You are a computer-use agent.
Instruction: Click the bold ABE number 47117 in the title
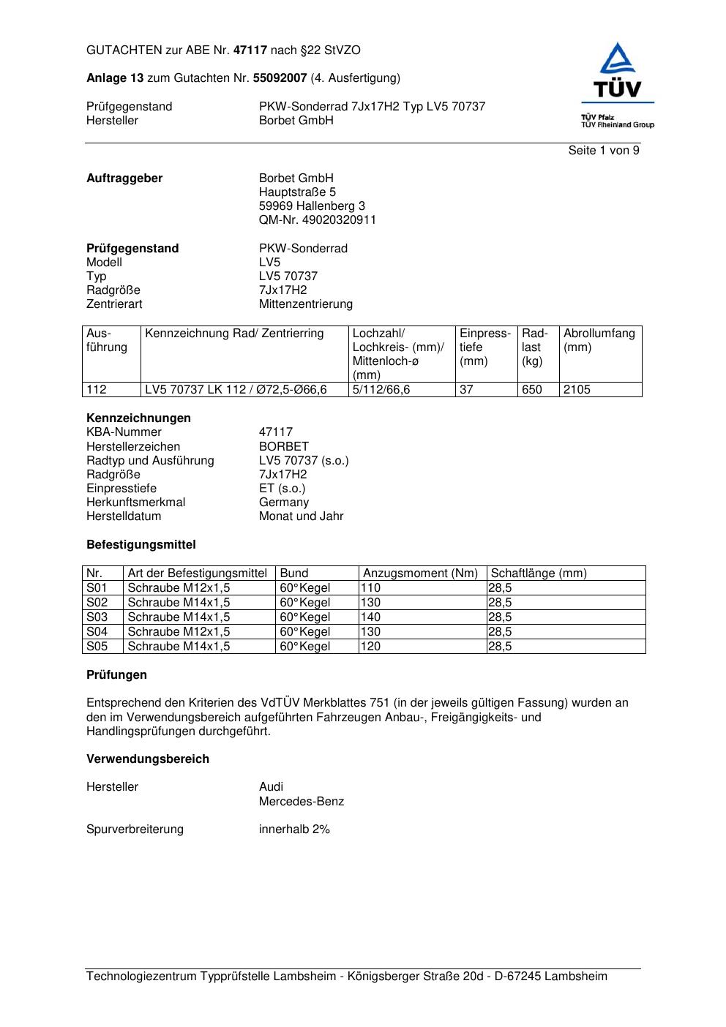click(x=250, y=50)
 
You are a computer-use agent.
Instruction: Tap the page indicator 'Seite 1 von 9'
click(x=604, y=151)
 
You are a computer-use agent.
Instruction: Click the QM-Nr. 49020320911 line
click(x=318, y=220)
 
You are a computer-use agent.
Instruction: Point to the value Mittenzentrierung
click(x=305, y=304)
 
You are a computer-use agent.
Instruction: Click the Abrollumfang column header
click(x=599, y=340)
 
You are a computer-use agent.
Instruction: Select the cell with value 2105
click(x=577, y=390)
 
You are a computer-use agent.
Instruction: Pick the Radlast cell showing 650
click(x=532, y=390)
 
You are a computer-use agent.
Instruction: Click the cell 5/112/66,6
click(x=381, y=390)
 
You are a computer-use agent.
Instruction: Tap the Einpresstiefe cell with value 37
click(x=466, y=390)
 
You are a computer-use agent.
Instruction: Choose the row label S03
click(x=97, y=617)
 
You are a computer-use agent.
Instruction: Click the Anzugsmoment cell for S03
click(x=372, y=617)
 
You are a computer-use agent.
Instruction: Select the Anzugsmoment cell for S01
click(x=372, y=588)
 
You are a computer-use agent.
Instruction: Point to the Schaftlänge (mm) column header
click(x=539, y=573)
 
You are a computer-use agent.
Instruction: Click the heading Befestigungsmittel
click(x=141, y=545)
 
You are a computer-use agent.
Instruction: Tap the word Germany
click(x=284, y=503)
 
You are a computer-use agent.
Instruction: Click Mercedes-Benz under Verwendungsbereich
click(x=302, y=802)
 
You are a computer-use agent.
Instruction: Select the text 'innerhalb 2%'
click(x=294, y=829)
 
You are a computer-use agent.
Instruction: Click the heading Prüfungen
click(x=116, y=675)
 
